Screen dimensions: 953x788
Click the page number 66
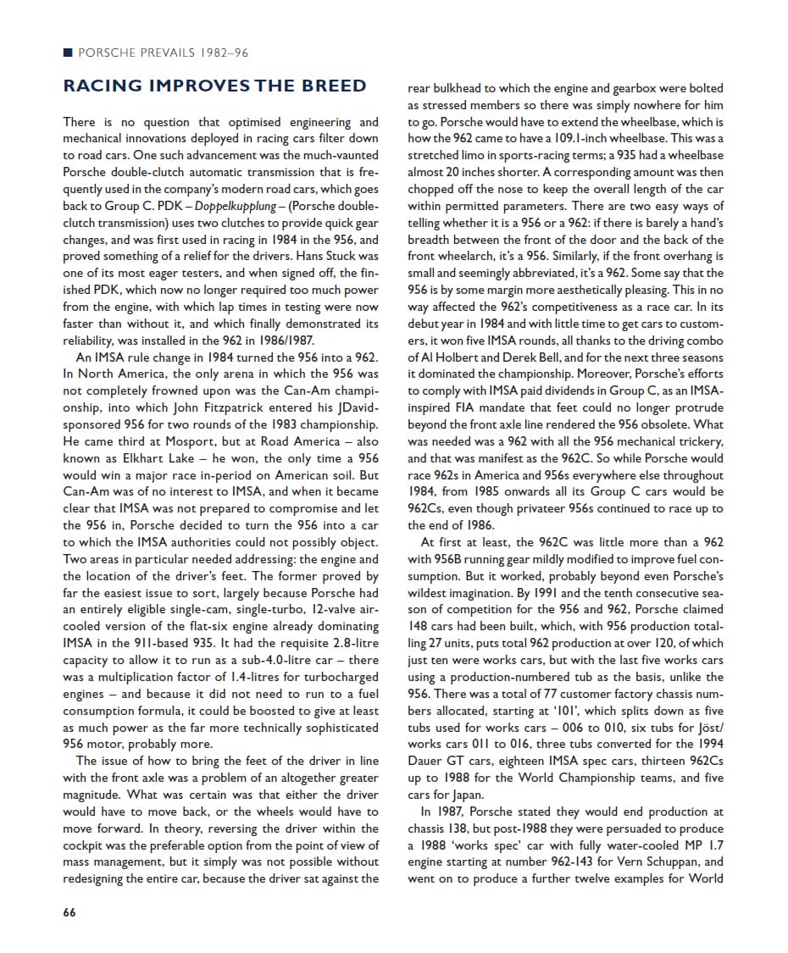[69, 912]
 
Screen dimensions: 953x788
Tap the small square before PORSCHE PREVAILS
[68, 53]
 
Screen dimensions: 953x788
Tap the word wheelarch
[467, 257]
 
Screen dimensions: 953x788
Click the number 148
[419, 626]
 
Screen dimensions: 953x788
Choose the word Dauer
[428, 761]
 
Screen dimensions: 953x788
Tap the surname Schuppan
[696, 862]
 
